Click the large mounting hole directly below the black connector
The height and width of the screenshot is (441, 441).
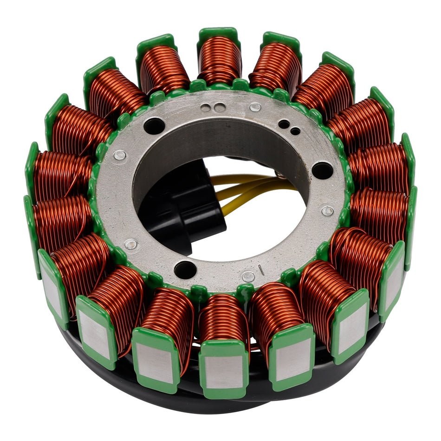coord(184,269)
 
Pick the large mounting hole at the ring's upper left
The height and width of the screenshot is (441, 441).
coord(154,126)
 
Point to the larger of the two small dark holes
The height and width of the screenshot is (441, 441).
coord(284,124)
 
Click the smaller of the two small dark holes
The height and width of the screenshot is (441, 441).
coord(295,131)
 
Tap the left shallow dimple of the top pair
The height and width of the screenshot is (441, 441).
coord(206,108)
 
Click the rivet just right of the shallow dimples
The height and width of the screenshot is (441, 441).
coord(255,107)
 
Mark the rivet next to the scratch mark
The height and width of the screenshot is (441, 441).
coord(248,277)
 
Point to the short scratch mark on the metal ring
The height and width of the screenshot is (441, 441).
coord(262,270)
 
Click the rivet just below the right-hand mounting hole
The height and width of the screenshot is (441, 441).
coord(327,211)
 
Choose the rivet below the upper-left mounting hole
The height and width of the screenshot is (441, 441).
coord(119,155)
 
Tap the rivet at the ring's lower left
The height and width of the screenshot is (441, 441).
coord(131,243)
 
